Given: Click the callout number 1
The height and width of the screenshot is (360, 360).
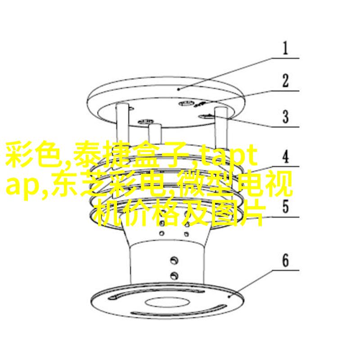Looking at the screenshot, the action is tap(285, 48).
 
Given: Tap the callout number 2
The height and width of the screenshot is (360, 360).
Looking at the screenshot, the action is tap(285, 81).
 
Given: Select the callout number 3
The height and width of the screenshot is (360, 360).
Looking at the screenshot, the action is tap(285, 117).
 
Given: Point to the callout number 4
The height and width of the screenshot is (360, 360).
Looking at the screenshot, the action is tap(285, 157).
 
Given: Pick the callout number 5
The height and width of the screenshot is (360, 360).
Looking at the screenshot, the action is tap(285, 207).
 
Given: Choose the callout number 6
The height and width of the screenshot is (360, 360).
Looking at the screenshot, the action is tap(285, 261).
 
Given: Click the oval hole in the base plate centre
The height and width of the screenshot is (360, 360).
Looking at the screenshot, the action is tap(167, 302).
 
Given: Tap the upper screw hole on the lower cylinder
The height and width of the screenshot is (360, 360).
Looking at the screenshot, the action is tap(174, 261).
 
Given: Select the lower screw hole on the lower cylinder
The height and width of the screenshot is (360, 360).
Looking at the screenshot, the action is tap(174, 275).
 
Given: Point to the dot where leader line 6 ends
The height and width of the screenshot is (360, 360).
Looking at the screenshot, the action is tap(229, 297).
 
